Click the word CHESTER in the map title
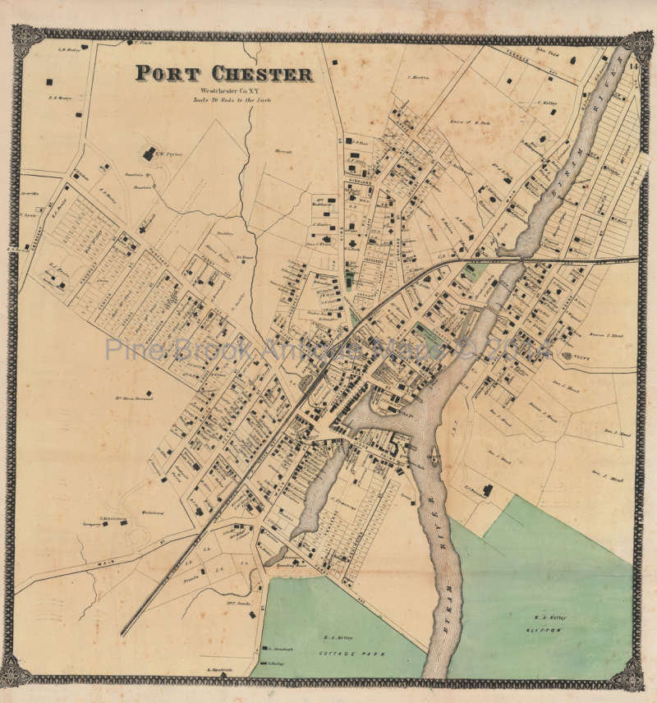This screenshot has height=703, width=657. pos(255,74)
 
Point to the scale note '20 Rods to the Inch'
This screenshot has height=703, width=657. pos(232,99)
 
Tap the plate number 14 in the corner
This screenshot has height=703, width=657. pos(633,67)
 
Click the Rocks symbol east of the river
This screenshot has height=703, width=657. pos(569,356)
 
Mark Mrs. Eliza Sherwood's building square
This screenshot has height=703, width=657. pos(148,393)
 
